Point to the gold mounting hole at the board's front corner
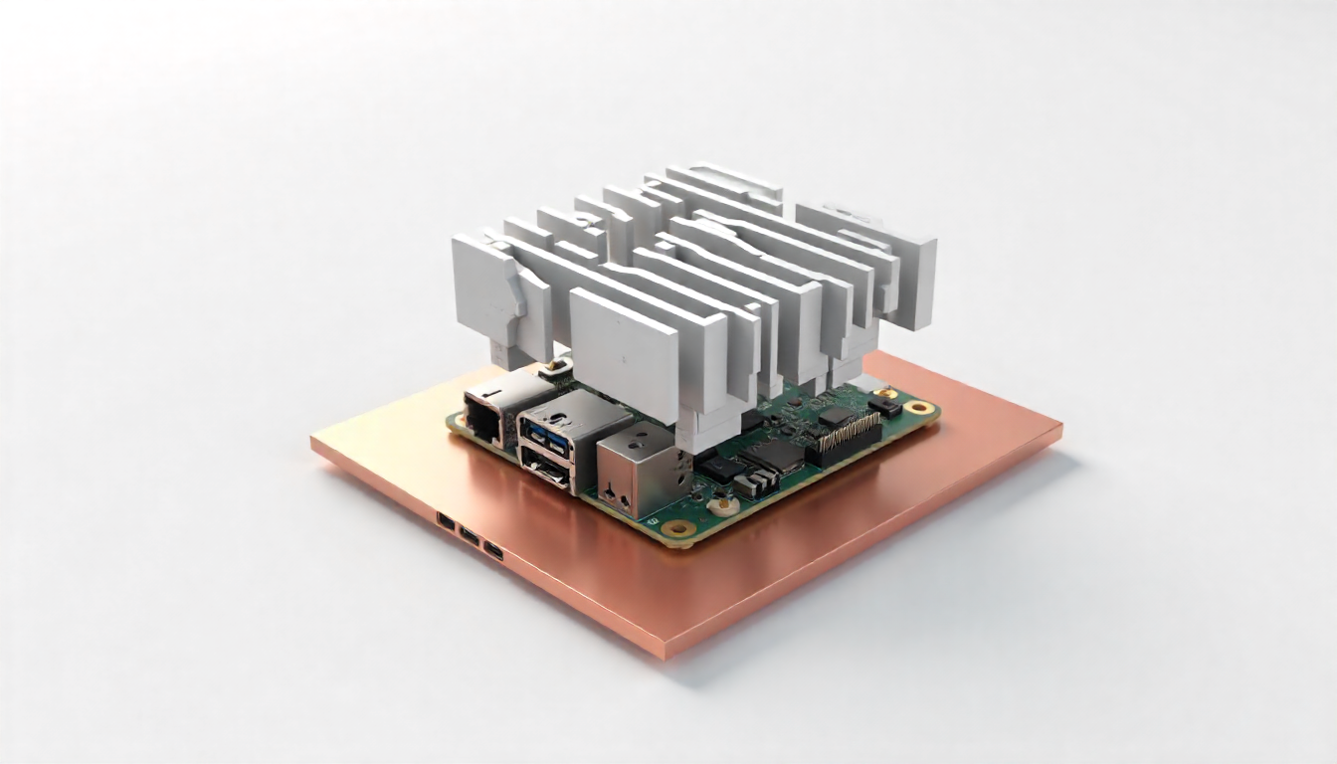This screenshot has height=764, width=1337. click(x=680, y=528)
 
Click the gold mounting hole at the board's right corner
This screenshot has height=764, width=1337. click(x=920, y=407)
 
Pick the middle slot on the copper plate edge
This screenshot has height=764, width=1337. click(x=469, y=535)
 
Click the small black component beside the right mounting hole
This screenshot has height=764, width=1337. click(x=884, y=406)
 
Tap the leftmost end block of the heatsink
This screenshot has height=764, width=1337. click(x=486, y=289)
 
